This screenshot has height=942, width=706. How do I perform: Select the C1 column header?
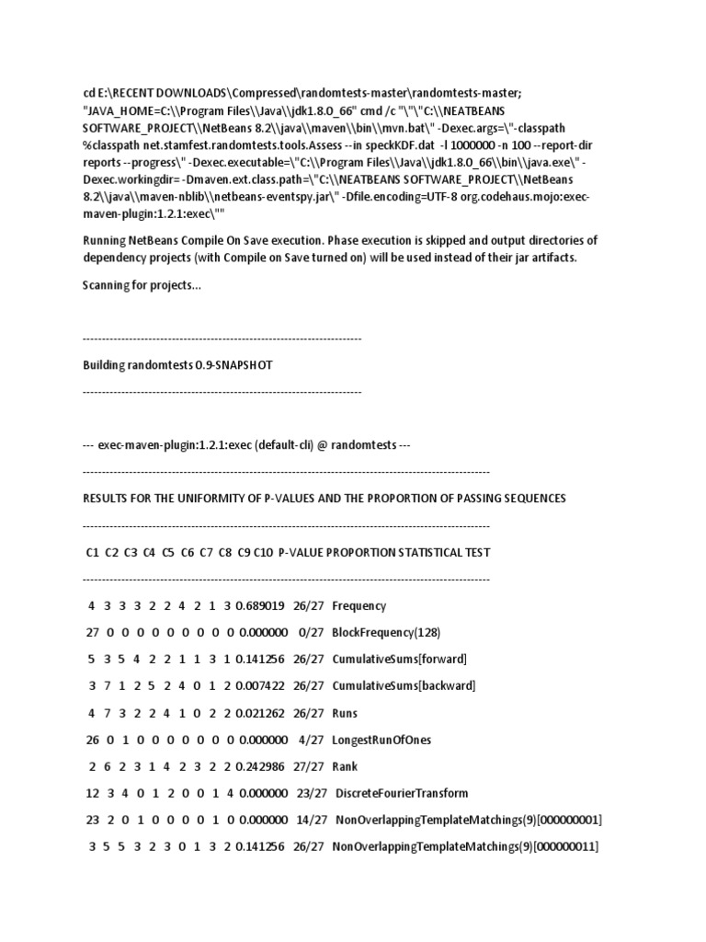(92, 553)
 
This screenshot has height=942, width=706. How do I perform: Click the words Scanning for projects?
(142, 286)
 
